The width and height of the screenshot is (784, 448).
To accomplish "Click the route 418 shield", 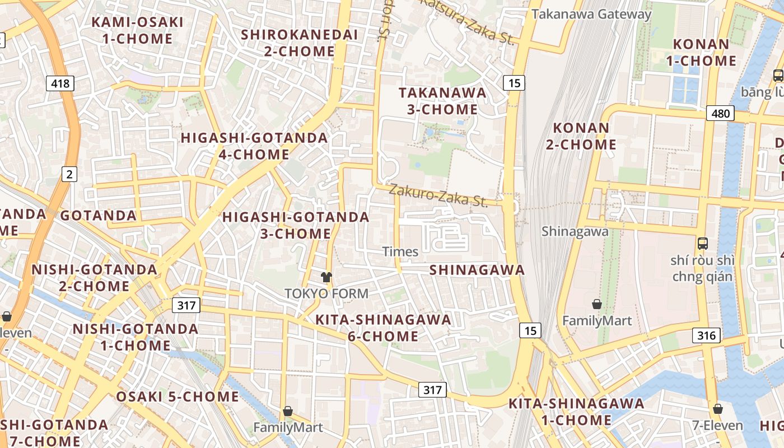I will [60, 84].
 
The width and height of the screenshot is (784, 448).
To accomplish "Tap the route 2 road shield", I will [69, 175].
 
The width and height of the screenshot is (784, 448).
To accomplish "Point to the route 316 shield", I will [706, 335].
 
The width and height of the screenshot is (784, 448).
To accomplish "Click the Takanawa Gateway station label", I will [591, 14].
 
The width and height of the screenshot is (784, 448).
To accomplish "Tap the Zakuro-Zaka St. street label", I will [438, 194].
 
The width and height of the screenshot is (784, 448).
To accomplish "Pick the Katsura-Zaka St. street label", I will [467, 21].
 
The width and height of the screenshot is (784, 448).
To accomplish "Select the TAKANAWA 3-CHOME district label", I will [442, 101].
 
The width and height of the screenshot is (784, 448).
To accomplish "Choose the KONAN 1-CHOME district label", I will [704, 52].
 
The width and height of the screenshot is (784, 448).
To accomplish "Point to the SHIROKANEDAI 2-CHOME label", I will [299, 43].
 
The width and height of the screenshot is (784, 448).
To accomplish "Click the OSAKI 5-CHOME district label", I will [178, 397].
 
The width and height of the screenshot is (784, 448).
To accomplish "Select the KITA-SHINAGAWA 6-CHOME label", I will [383, 328].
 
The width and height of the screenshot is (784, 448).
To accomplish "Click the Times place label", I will [400, 251].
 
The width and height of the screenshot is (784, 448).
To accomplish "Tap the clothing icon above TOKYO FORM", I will [326, 277].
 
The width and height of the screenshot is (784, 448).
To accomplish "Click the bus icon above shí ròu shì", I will [703, 244].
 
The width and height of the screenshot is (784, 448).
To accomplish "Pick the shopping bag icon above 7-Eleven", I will [718, 409].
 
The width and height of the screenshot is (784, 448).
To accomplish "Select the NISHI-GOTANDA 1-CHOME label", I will [136, 337].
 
